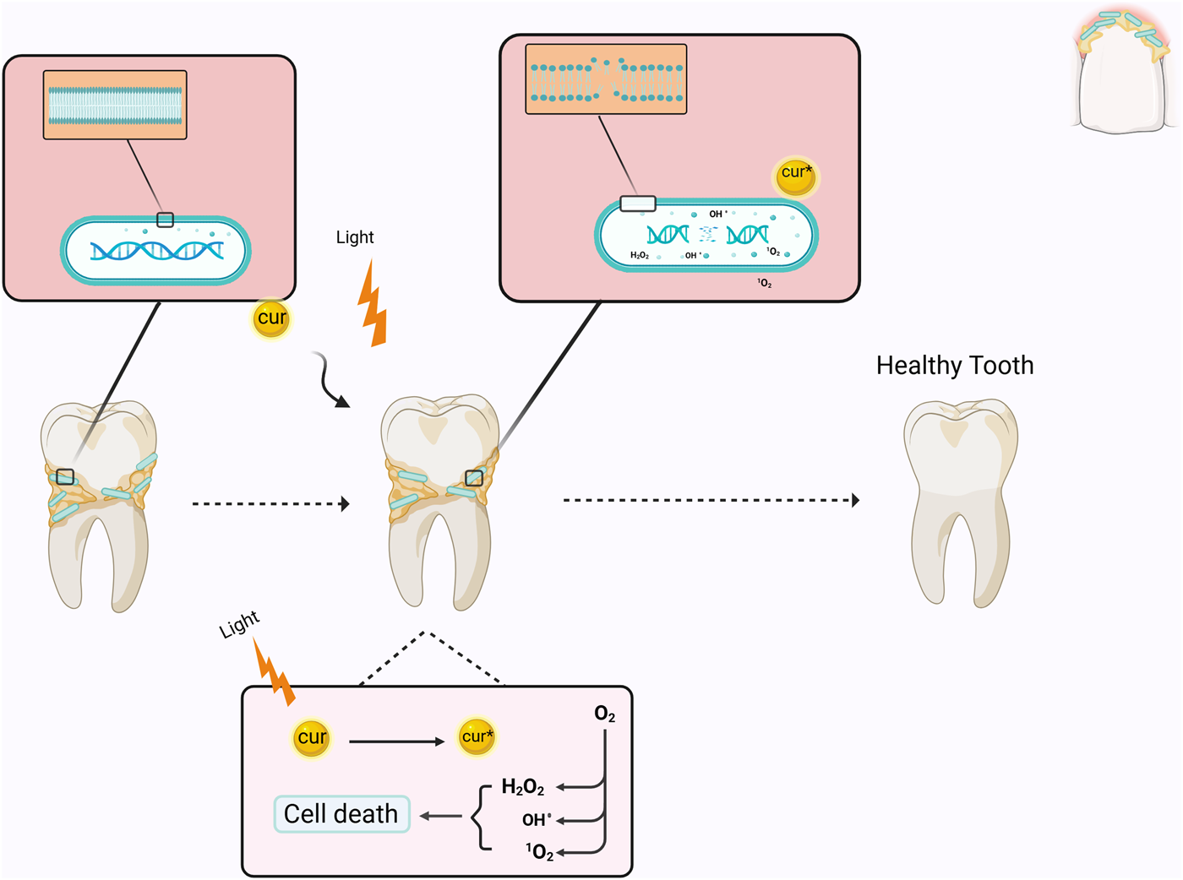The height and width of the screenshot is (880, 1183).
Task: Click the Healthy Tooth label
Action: point(954,366)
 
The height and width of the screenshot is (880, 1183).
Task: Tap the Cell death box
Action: point(341,814)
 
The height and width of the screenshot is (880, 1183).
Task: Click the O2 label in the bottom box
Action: point(604,714)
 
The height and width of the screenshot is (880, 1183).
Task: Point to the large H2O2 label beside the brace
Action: point(522,787)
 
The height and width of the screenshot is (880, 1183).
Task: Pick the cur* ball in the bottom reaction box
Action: point(476,736)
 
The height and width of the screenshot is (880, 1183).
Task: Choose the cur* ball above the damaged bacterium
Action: point(796,175)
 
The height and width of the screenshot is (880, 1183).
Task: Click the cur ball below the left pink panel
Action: point(271,318)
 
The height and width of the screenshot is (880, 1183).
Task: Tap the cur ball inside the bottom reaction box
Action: point(311,737)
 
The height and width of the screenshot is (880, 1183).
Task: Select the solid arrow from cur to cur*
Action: point(396,741)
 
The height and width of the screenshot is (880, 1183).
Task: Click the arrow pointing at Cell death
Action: point(440,816)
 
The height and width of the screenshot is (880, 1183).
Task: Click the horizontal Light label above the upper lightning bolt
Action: point(354,237)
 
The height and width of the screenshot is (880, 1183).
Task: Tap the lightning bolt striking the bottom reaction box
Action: point(275,672)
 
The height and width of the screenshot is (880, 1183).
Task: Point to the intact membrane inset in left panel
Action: point(115,105)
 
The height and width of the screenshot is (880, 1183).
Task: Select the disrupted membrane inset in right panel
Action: point(606,79)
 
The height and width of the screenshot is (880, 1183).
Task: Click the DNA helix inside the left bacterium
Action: point(156,251)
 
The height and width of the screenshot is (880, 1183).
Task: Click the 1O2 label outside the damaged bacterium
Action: point(764,283)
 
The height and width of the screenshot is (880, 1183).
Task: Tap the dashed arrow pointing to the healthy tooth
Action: point(710,500)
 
